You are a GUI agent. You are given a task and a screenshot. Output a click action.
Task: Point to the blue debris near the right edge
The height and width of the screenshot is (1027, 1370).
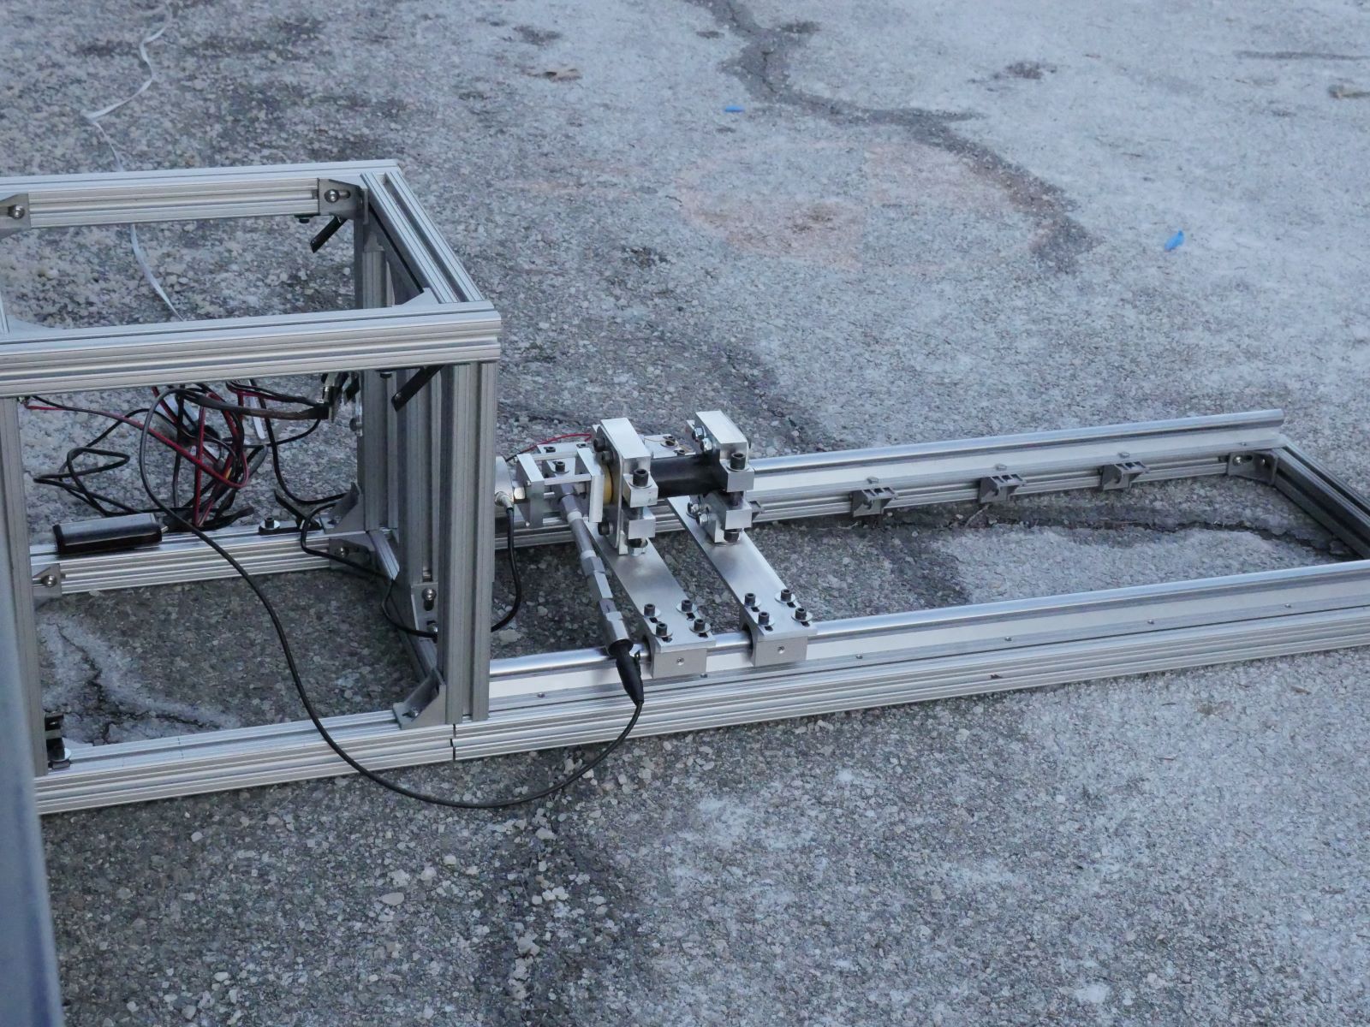1174,240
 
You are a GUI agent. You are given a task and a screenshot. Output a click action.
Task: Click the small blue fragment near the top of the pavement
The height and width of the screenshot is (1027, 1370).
734,110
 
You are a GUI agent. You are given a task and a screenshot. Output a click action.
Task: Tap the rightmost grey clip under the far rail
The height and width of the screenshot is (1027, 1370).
1123,474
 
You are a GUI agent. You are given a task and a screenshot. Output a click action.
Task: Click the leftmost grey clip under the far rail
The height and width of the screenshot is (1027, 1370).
872,501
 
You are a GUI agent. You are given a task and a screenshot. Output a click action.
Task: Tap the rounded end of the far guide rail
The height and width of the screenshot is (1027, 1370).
1276,419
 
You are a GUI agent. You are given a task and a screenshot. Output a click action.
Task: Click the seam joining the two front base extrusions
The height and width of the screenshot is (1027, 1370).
453,742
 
